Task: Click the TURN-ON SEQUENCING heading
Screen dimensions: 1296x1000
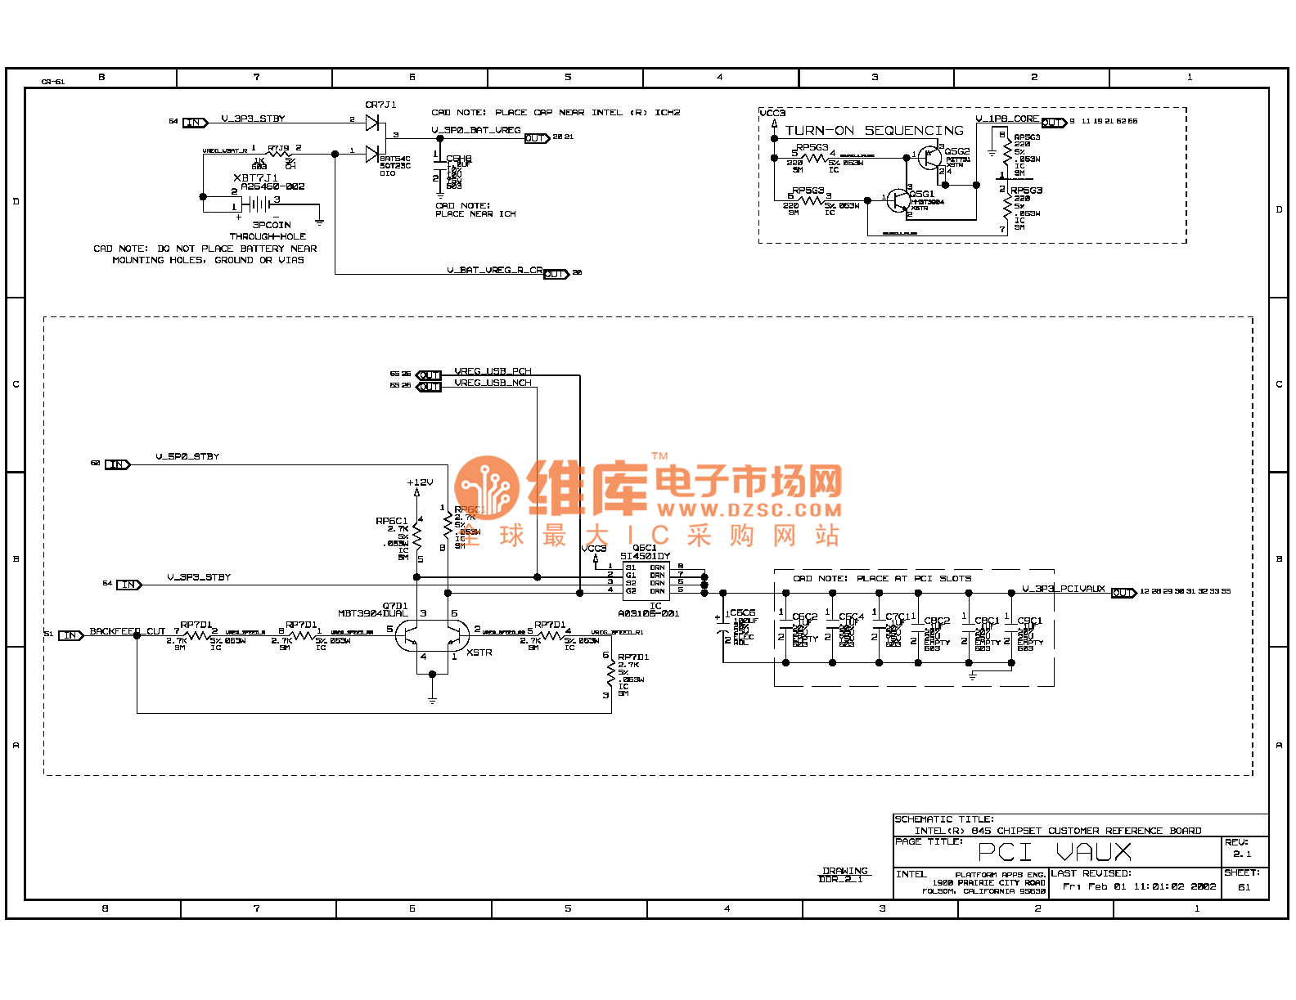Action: [x=874, y=131]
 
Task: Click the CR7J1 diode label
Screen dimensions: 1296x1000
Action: [x=380, y=105]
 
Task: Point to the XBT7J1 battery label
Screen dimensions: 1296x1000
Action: [x=255, y=177]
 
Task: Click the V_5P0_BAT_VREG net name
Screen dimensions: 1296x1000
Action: [x=476, y=130]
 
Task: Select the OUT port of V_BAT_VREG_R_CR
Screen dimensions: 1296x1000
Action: [x=556, y=274]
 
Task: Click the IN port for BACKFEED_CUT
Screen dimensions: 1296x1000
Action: [x=70, y=635]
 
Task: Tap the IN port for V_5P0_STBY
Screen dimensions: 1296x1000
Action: [x=117, y=464]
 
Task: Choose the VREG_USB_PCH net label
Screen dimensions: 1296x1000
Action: [x=493, y=371]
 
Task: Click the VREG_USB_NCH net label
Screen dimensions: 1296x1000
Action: [x=493, y=383]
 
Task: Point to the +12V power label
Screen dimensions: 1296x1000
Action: [x=420, y=482]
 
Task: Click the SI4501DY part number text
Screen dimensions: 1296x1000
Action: [x=645, y=556]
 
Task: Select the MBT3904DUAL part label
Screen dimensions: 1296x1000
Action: [x=372, y=613]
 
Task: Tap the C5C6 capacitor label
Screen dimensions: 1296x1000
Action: [x=742, y=612]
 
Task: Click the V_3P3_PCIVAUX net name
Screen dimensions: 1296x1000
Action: [x=1063, y=589]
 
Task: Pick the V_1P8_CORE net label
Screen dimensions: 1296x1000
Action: [x=1006, y=119]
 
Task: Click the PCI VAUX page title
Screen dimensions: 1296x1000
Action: [x=1055, y=852]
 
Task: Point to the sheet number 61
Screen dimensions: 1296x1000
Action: [x=1244, y=887]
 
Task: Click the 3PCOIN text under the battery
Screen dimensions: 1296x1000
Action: [x=271, y=225]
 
